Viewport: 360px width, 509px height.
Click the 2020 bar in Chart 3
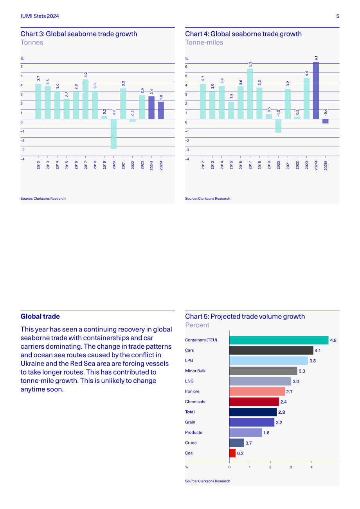click(114, 134)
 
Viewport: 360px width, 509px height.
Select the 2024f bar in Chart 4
click(316, 90)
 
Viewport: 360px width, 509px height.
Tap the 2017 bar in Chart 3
click(86, 99)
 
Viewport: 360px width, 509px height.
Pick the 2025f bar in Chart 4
click(326, 121)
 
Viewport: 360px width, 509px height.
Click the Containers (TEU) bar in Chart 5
click(279, 340)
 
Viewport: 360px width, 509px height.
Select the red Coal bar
click(232, 453)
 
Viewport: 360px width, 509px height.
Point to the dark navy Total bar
click(253, 412)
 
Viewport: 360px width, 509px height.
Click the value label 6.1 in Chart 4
click(316, 58)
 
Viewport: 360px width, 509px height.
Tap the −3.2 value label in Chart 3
click(114, 113)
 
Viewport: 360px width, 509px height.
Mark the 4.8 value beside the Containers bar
click(333, 340)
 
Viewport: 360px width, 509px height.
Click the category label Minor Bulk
click(195, 371)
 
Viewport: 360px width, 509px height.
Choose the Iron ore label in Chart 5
click(192, 391)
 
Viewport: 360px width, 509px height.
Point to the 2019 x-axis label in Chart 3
click(104, 165)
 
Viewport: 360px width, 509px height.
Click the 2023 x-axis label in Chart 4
click(306, 165)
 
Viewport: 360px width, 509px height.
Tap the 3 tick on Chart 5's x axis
click(291, 467)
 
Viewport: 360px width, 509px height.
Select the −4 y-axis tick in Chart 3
click(22, 159)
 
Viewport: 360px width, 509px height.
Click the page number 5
click(338, 16)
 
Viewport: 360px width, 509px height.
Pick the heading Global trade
click(40, 316)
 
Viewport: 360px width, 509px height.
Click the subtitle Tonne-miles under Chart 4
click(204, 43)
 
